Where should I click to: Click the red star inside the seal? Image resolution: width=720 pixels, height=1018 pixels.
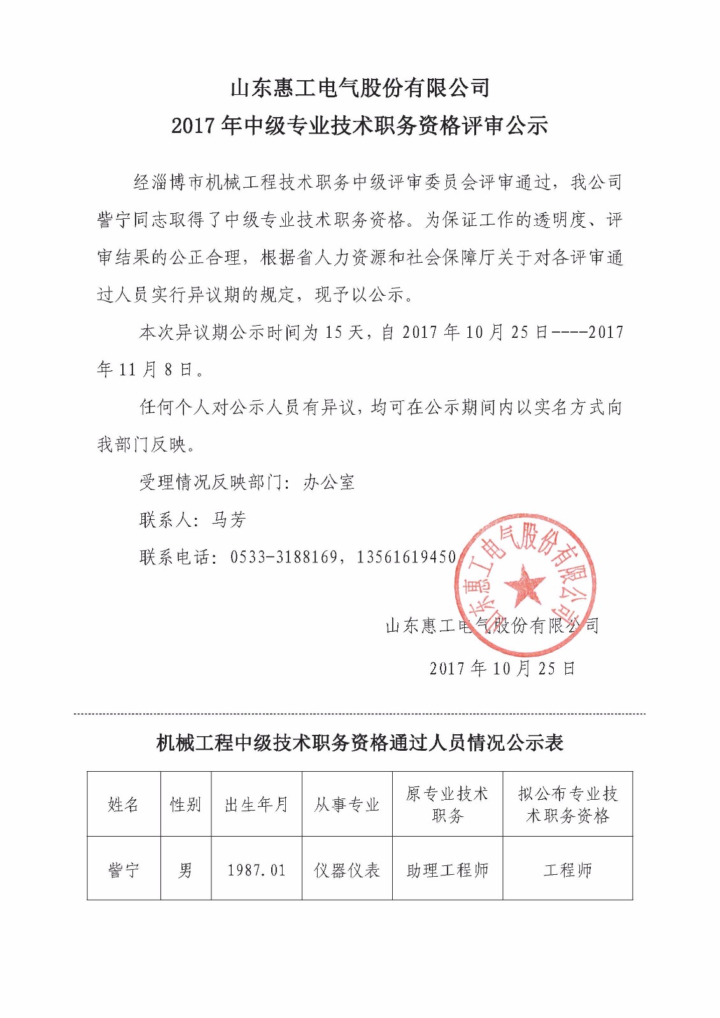tap(524, 584)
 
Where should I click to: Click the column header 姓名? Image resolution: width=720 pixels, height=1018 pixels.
tap(124, 804)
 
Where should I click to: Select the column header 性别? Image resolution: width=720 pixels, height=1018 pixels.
tap(185, 804)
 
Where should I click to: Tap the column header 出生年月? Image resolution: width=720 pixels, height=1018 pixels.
tap(257, 804)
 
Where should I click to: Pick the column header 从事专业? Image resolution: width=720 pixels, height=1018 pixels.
tap(347, 804)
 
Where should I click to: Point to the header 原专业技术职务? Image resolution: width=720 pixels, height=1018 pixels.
tap(447, 804)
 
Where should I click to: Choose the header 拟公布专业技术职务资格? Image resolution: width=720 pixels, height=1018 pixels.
tap(567, 804)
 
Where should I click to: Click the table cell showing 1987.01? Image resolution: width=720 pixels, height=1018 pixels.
tap(257, 870)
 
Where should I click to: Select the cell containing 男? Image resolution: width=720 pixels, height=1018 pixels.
tap(185, 870)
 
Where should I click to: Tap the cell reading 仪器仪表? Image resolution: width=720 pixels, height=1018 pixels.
tap(347, 870)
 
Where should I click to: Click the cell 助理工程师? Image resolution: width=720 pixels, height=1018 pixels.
tap(447, 870)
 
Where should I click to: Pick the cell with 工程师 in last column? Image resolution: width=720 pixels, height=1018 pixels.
tap(567, 870)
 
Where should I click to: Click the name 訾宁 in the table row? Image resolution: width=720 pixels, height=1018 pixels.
tap(124, 870)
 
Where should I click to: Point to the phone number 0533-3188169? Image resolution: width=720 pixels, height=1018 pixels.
tap(283, 557)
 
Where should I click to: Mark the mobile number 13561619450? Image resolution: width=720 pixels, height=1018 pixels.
tap(406, 557)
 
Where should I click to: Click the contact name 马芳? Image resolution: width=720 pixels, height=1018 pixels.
tap(229, 520)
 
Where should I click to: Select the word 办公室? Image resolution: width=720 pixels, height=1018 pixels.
tap(328, 482)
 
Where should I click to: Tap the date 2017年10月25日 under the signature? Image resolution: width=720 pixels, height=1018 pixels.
tap(502, 668)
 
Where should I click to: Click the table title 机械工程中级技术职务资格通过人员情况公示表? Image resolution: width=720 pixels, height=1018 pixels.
tap(360, 743)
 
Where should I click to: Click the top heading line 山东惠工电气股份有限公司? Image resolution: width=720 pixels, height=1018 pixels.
tap(360, 88)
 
